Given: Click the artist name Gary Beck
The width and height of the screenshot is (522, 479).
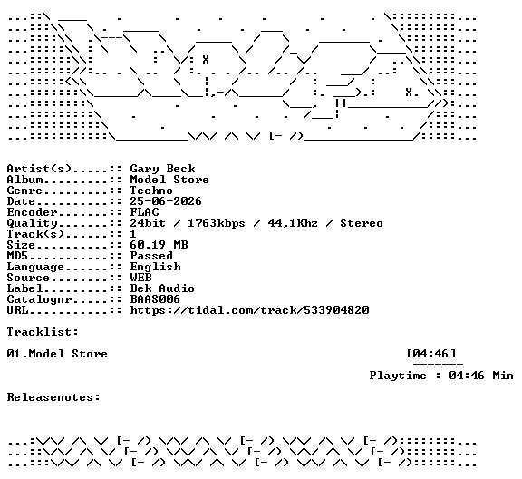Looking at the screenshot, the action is coord(162,169).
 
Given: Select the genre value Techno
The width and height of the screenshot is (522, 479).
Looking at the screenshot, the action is coord(151,191).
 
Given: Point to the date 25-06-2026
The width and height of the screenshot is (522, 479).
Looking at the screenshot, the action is coord(166,201).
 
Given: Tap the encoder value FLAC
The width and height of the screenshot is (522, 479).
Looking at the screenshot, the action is coord(144,212).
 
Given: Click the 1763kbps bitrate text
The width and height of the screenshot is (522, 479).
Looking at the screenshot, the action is coord(217,223).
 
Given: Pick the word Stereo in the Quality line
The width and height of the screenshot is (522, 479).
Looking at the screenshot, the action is coord(362,223).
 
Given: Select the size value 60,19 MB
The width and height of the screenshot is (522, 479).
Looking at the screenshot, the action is coord(159,245).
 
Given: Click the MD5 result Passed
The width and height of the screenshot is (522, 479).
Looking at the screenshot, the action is coord(151,256).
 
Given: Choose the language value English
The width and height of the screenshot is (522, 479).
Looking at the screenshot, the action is coord(155,267).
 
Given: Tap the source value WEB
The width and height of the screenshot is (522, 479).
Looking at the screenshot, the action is coord(140,278).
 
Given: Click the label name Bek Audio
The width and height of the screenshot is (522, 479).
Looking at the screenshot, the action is coord(162,288).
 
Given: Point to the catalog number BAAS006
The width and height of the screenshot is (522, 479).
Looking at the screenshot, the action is coord(155,299).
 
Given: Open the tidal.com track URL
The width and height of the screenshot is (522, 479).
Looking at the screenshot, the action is coord(250,310).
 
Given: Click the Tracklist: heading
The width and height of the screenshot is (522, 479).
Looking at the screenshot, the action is coord(43,332).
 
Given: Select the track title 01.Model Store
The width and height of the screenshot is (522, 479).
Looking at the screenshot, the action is coord(57,354).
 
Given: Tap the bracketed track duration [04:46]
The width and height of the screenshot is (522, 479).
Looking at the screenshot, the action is coord(431,354).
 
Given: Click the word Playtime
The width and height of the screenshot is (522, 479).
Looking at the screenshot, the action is coord(398,376).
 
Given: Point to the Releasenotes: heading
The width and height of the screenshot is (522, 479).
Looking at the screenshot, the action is coord(53,397).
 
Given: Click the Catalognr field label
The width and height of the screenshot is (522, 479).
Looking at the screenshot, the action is coord(39,299).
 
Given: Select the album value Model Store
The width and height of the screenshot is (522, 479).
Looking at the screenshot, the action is coord(169,180).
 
